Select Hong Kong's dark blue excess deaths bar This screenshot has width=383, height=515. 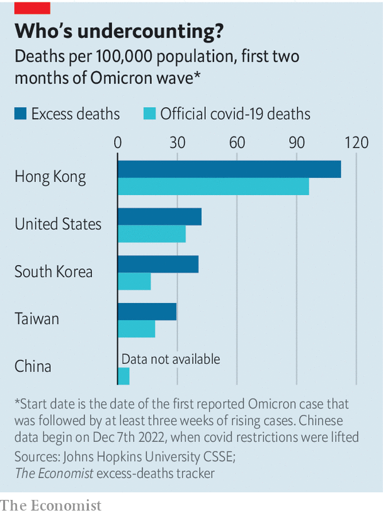229,169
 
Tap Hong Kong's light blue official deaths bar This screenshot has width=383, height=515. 214,186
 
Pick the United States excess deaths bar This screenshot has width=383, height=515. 160,217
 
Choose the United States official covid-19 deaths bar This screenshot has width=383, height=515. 152,234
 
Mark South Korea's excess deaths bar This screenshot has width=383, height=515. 158,264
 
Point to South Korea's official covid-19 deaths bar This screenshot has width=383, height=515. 134,281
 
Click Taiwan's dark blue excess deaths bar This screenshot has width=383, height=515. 147,311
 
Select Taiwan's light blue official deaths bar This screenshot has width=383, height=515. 137,329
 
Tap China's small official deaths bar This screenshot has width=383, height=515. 123,376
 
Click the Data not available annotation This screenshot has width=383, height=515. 171,359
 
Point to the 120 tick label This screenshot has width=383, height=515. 356,142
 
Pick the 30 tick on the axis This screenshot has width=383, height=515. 177,142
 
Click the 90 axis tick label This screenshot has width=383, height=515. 297,142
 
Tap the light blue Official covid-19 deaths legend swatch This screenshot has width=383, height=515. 149,114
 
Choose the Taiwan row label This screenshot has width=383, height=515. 37,319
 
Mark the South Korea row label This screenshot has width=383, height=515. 54,271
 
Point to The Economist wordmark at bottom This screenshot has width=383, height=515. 51,505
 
